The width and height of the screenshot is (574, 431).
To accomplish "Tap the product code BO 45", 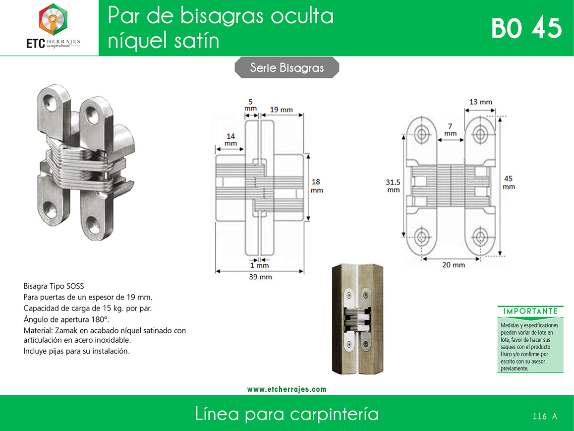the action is point(526,28).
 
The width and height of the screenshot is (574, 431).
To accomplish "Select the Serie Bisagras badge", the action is point(287,67).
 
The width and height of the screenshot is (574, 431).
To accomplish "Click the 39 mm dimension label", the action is point(260,277).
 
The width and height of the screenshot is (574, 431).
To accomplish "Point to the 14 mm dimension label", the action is point(230,139).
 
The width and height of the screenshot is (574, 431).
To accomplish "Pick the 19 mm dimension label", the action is point(281,110).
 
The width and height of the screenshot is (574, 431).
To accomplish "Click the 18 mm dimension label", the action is point(317,185).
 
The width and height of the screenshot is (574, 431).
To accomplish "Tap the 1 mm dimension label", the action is point(260,265).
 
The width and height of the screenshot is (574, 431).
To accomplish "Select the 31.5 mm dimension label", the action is point(393,185).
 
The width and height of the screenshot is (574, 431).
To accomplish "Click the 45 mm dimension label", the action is point(509,183).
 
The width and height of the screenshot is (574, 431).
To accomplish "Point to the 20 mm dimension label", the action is point(454,265).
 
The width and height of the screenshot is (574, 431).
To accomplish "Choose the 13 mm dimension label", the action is point(481,102).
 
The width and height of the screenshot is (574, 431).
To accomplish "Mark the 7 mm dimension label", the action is point(450,129).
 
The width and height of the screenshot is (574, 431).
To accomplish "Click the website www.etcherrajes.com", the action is point(287,389).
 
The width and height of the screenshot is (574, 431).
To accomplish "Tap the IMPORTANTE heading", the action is point(530,311).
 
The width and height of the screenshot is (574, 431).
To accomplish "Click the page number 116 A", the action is point(545,416).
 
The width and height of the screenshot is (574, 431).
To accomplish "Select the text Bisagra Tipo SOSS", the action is point(54,286).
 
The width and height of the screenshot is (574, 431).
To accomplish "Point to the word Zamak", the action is point(66,330).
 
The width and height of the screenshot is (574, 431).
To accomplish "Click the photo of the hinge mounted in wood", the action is point(358,319).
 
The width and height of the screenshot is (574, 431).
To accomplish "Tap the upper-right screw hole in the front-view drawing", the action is point(480,134).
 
